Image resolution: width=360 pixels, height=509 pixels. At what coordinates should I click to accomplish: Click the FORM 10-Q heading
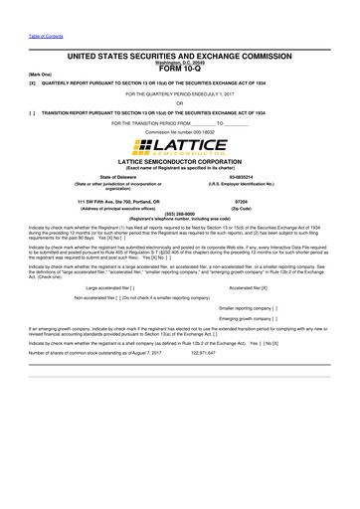(x=180, y=69)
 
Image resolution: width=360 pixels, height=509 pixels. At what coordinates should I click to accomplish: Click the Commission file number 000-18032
(x=179, y=131)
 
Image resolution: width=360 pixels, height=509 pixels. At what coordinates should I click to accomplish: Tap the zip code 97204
(x=240, y=202)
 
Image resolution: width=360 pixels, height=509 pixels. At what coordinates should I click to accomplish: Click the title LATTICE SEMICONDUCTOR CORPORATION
(x=179, y=160)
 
